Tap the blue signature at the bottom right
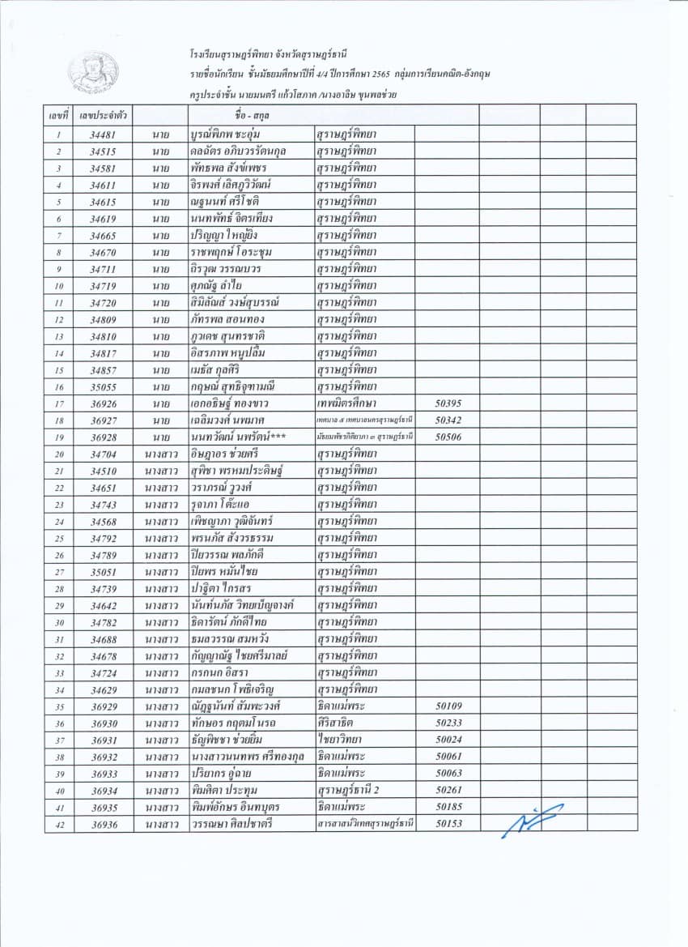532,821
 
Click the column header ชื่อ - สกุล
249,117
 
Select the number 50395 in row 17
448,403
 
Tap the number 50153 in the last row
448,824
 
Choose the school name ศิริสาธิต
338,723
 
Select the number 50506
448,437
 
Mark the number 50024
448,740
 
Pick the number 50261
448,790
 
